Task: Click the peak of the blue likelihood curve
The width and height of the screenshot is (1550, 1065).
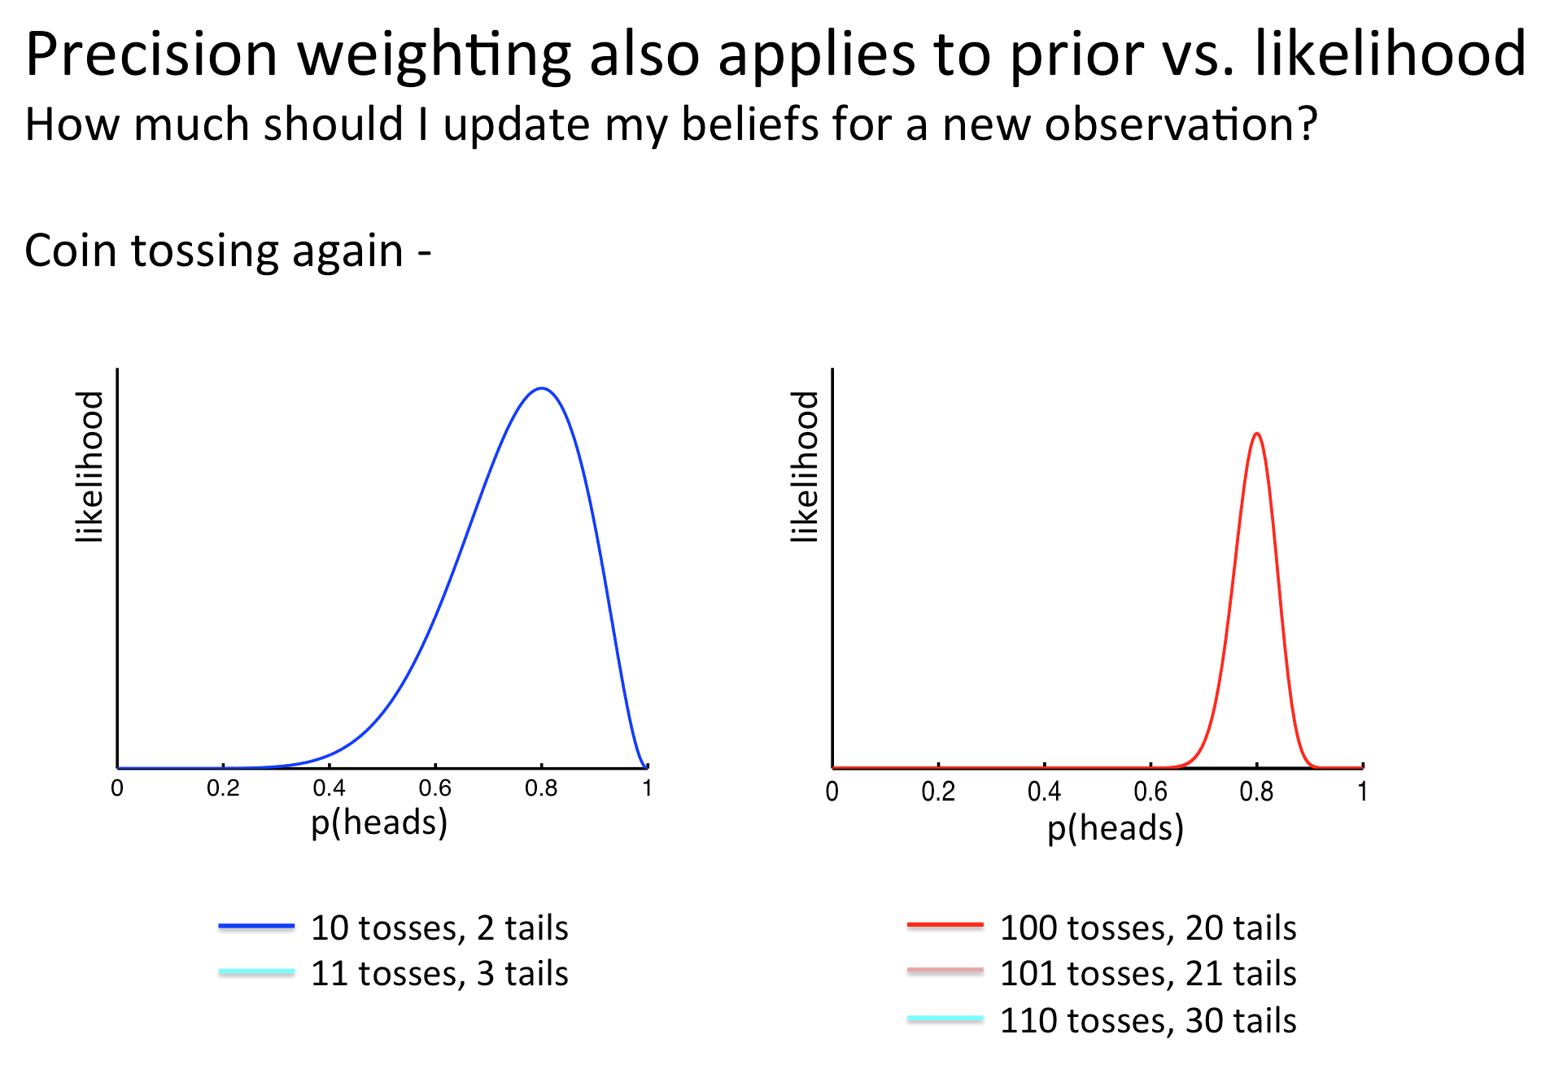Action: [542, 389]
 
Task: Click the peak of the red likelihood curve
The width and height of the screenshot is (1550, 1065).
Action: [1257, 434]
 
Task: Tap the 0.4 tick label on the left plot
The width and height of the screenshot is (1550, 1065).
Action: [329, 788]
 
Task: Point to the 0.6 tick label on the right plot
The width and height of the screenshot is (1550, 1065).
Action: [1150, 792]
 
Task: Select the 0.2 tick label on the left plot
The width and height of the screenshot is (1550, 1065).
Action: [223, 788]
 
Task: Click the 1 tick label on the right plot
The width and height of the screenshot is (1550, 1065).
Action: [1362, 792]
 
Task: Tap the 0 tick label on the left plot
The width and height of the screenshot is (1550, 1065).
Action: [117, 788]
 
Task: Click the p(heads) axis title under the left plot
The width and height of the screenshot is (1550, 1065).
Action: [379, 823]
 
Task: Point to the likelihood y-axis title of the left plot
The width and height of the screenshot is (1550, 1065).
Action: [90, 466]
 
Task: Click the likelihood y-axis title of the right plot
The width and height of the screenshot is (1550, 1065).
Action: [805, 466]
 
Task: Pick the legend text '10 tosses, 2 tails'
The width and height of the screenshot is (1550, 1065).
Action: [439, 928]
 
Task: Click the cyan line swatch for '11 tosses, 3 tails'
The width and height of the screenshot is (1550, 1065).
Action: [256, 971]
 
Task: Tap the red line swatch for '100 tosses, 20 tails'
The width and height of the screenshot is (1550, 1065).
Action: [945, 925]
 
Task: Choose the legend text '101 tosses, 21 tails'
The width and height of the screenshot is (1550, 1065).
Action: [1148, 974]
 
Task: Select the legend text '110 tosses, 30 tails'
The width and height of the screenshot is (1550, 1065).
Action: [1148, 1020]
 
